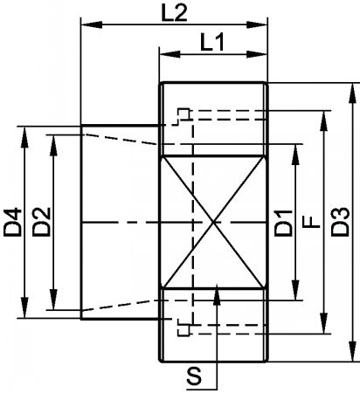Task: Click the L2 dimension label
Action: [x=174, y=13]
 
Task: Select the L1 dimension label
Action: [x=212, y=43]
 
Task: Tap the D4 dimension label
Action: [x=13, y=222]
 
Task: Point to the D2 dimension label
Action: [x=42, y=222]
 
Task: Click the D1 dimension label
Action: [x=283, y=223]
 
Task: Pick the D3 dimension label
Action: [x=340, y=222]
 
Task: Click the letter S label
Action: [x=194, y=376]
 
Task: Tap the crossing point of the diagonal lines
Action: [x=214, y=223]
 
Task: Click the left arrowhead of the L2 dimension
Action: [x=91, y=24]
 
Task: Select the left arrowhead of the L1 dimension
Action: [x=170, y=54]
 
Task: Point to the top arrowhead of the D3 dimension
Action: [x=353, y=93]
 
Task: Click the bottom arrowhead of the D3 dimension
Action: [x=353, y=351]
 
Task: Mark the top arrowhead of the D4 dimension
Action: [x=25, y=136]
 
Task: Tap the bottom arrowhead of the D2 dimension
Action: [x=53, y=300]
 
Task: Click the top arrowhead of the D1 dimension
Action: [x=295, y=154]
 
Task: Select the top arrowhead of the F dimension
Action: [x=324, y=121]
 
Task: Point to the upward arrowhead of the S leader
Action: [x=217, y=295]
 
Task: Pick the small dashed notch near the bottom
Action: [x=183, y=327]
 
